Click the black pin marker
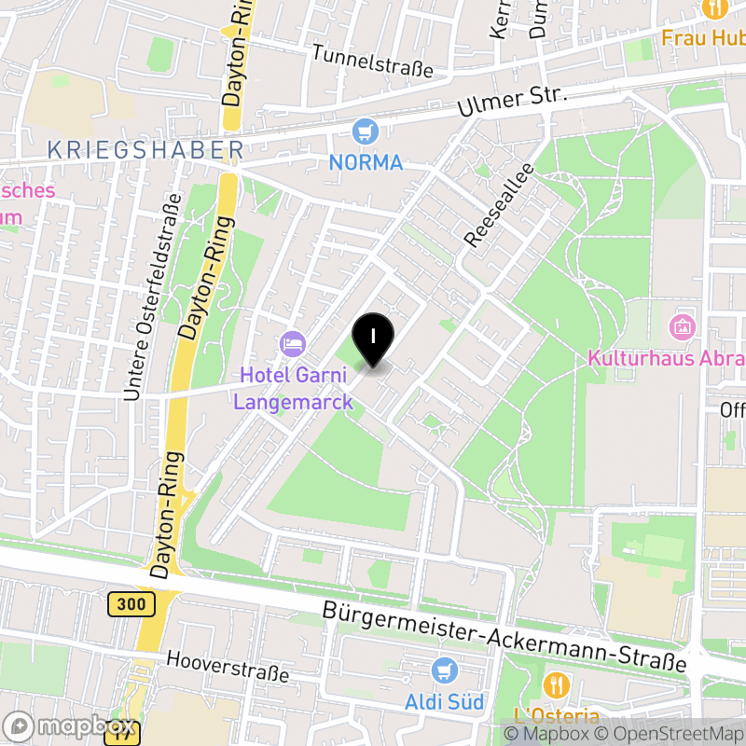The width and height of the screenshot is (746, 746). pos(373,338)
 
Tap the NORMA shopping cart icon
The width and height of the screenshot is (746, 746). pos(366,131)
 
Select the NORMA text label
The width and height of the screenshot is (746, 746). pos(366,162)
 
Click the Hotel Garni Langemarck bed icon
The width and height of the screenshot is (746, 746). pos(293,343)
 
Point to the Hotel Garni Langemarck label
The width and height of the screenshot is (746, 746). pos(293,389)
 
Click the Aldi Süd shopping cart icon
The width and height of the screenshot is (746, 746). pos(445,670)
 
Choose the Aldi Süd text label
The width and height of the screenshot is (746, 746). pos(445,701)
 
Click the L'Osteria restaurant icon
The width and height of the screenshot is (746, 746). pos(557,685)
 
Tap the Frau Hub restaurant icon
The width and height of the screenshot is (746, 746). pos(716,8)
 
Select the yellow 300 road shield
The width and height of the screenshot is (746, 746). pos(131,604)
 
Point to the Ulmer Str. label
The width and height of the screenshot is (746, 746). pos(512,102)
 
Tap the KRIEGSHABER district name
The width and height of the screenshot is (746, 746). pos(145,149)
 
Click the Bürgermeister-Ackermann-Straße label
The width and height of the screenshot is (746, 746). pos(504,638)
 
